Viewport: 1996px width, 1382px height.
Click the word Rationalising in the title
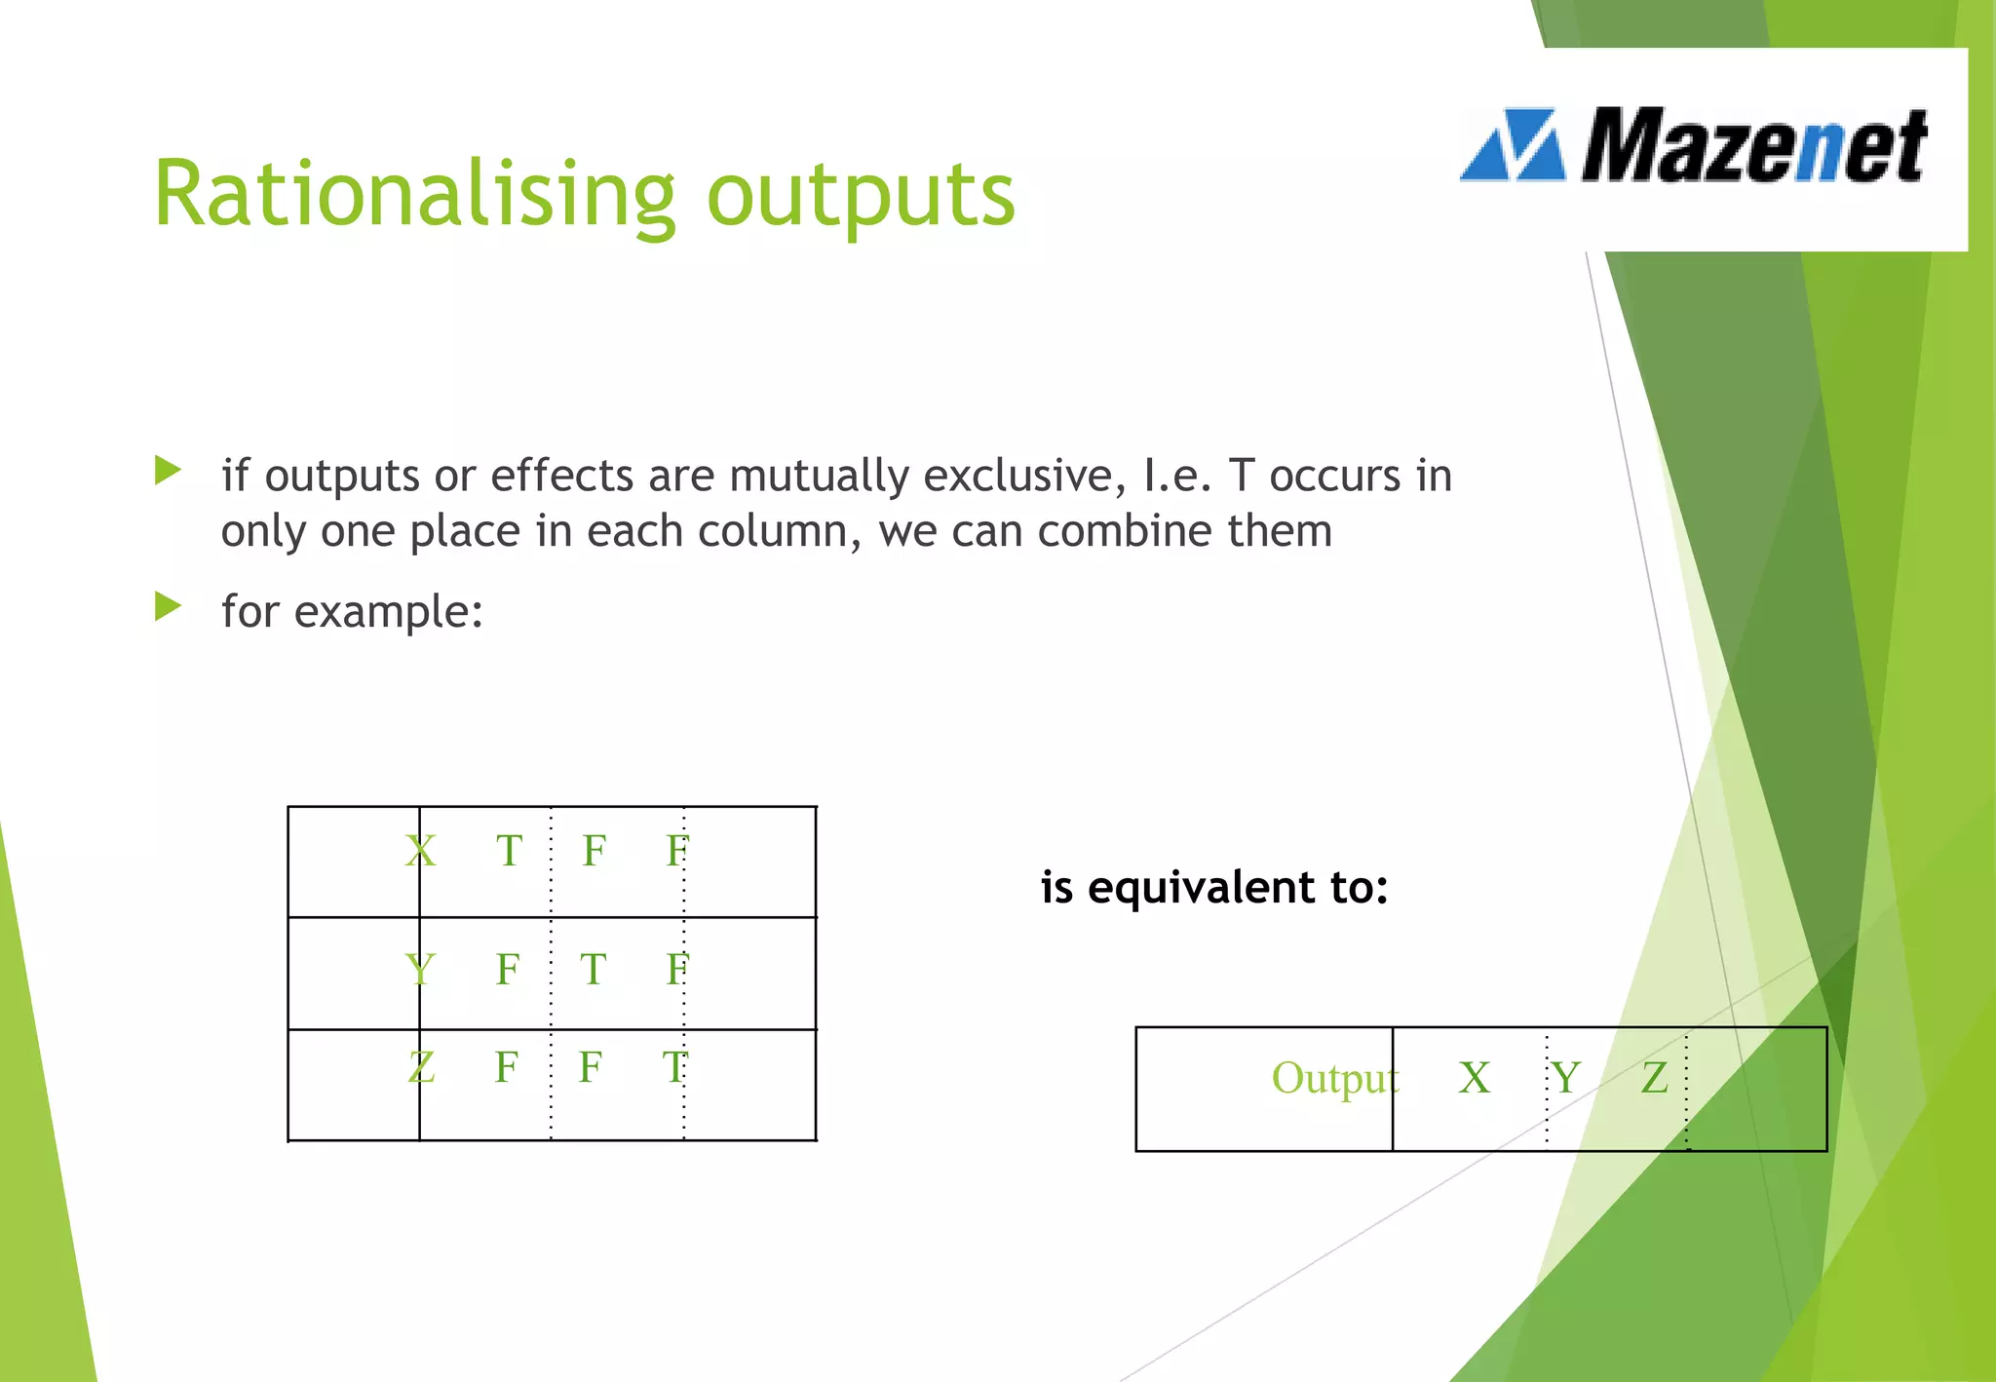click(414, 195)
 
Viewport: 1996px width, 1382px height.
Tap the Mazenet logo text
click(1752, 146)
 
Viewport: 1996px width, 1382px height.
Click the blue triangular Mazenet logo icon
click(1514, 146)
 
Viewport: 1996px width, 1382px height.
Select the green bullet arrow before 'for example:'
click(168, 608)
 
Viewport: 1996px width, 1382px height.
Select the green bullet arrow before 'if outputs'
click(168, 472)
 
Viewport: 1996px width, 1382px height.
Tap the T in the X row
click(509, 851)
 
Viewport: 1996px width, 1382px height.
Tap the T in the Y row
click(593, 970)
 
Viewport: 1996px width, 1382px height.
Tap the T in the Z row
click(674, 1067)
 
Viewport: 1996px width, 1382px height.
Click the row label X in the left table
click(420, 851)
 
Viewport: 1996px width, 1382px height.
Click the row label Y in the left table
click(419, 970)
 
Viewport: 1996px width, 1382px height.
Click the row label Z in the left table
click(420, 1067)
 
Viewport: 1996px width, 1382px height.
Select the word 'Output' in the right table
click(1333, 1079)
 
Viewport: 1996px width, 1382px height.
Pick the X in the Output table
click(1474, 1079)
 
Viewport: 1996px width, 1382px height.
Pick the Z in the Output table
click(1654, 1079)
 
